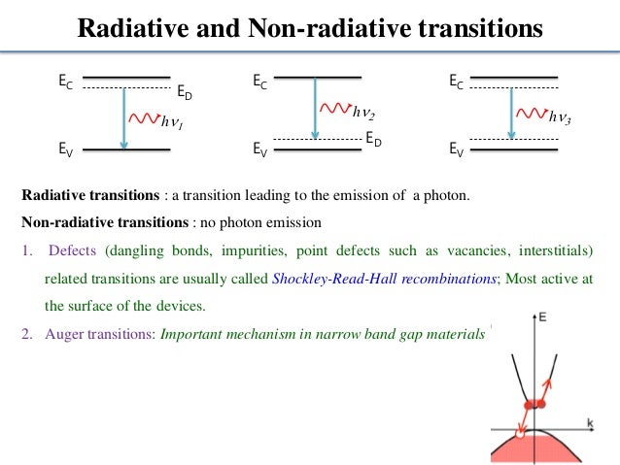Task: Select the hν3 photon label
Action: tap(560, 117)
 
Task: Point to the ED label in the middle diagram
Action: tap(374, 141)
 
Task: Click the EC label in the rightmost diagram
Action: tap(457, 83)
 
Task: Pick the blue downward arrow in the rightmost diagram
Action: tap(512, 114)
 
